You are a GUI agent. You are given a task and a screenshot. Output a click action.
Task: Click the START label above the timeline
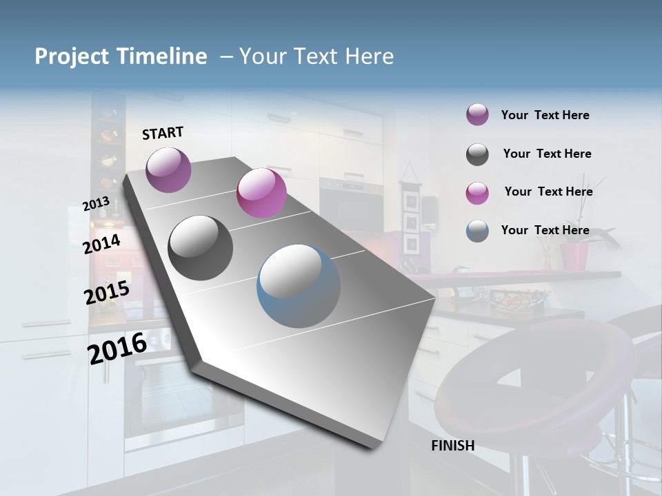(163, 133)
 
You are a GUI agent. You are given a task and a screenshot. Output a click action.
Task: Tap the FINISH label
(452, 446)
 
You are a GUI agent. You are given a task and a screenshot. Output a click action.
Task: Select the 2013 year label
(96, 204)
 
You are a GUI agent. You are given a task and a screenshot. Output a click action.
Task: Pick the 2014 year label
(101, 244)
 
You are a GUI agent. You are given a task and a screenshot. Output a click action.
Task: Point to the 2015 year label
(107, 293)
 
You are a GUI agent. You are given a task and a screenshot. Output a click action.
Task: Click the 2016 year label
(117, 348)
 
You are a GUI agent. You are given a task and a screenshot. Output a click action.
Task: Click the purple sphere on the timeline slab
(168, 169)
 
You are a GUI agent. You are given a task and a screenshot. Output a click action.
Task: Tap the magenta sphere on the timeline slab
(261, 193)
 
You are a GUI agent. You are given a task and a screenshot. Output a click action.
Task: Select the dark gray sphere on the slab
(201, 248)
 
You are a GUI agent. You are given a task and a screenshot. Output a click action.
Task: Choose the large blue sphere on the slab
(299, 286)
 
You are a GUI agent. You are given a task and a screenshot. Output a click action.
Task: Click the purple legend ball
(477, 115)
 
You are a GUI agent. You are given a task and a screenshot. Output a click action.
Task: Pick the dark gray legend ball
(477, 154)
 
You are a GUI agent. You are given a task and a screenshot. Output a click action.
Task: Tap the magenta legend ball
(477, 193)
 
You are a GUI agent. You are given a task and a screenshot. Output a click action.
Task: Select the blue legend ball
(477, 231)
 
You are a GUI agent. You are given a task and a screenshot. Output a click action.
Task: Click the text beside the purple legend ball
(545, 115)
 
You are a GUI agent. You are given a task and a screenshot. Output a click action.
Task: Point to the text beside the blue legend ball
(545, 230)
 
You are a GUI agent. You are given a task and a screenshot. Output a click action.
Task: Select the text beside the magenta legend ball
(548, 192)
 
